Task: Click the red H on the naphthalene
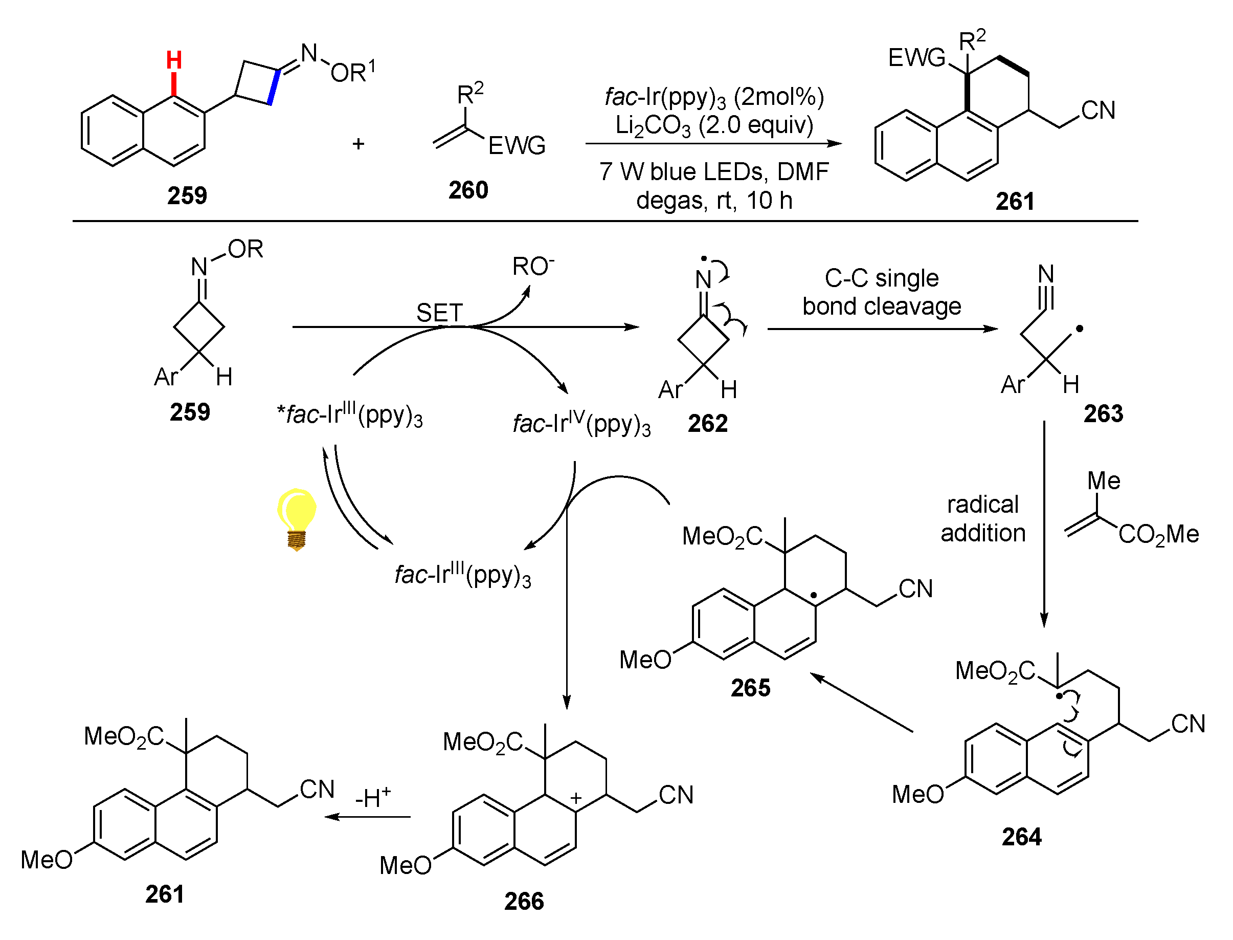coord(174,60)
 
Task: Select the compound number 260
coord(468,190)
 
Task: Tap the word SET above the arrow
coord(439,312)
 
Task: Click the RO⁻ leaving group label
coord(533,266)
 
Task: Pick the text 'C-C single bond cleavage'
coord(881,292)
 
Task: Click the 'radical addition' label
coord(982,519)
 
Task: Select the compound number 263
coord(1103,414)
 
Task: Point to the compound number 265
coord(750,688)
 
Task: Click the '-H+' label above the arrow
coord(373,797)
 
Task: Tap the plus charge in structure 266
coord(576,798)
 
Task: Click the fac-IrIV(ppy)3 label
coord(581,424)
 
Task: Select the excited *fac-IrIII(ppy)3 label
coord(350,415)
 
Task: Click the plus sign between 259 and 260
coord(358,144)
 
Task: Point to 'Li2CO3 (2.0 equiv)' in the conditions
coord(714,125)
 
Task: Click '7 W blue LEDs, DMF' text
coord(714,172)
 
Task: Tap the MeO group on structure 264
coord(917,794)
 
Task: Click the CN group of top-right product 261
coord(1097,110)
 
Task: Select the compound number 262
coord(707,424)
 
